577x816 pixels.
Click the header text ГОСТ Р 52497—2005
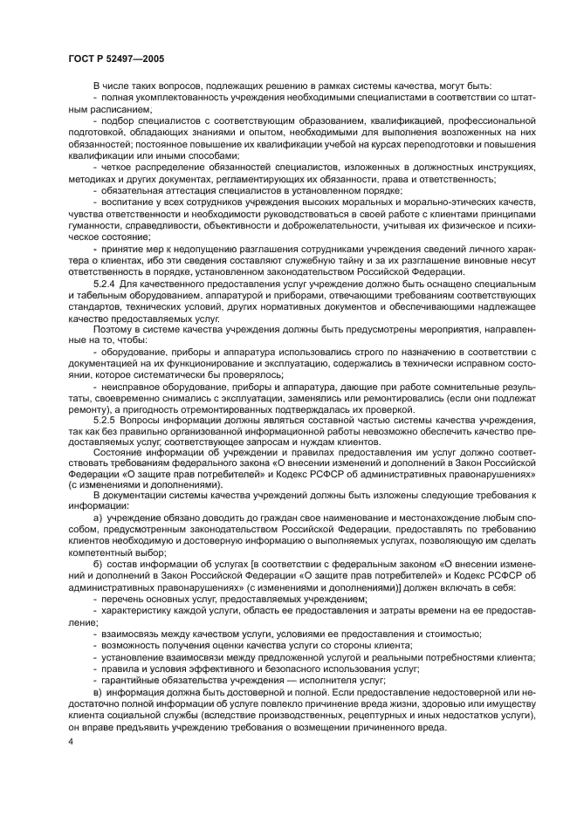[x=116, y=58]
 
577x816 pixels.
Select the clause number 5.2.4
[x=105, y=285]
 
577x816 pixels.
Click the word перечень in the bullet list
[x=122, y=601]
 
